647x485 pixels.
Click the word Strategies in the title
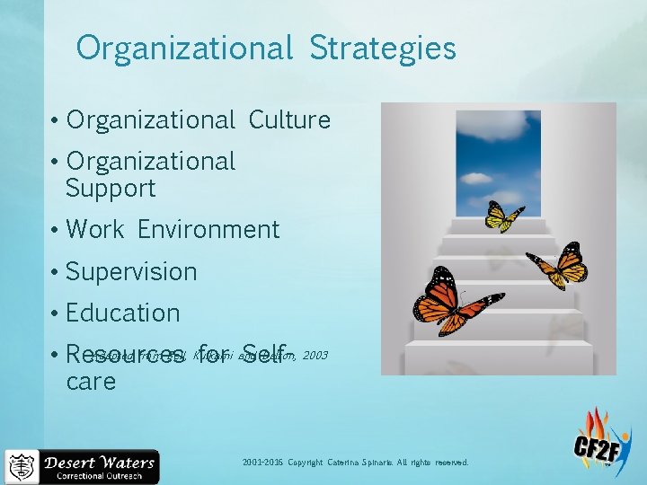tap(383, 48)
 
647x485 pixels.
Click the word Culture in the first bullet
tap(289, 119)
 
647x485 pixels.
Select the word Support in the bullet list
tap(111, 189)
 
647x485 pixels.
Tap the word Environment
tap(208, 230)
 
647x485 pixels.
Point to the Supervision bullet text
tap(131, 271)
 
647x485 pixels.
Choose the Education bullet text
tap(123, 313)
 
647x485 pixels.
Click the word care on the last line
tap(91, 382)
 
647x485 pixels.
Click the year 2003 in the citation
tap(315, 356)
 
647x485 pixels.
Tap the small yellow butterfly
tap(503, 216)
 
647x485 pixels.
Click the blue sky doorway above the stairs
tap(497, 162)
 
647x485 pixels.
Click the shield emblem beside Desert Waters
tap(22, 467)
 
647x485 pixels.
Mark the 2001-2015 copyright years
tap(261, 463)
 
